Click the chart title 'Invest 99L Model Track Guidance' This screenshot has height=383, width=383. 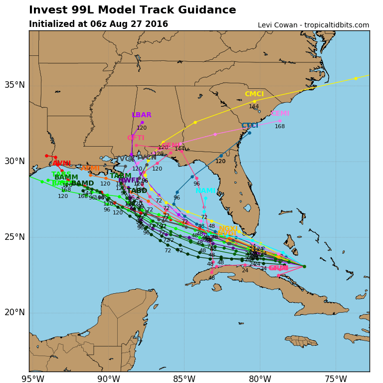pos(132,10)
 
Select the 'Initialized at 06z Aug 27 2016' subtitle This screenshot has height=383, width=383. pos(98,24)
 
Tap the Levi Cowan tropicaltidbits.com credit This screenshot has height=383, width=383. pos(313,25)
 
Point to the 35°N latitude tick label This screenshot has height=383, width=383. pos(14,85)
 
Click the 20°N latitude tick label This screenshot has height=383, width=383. pos(14,312)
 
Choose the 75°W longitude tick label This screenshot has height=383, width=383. pos(336,379)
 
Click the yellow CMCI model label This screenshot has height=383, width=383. pos(254,94)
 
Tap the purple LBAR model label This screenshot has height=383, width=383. pos(142,115)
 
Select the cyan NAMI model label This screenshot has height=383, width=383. pos(205,191)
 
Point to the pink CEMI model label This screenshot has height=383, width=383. pos(280,113)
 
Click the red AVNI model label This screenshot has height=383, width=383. pos(62,163)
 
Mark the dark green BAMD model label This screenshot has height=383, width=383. pos(82,183)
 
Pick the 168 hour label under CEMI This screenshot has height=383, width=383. pos(280,126)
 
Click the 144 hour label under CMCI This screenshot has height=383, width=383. pos(254,106)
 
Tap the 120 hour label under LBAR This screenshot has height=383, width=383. pos(142,128)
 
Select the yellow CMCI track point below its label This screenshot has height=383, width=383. pos(254,101)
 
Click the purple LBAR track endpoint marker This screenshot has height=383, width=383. pos(142,122)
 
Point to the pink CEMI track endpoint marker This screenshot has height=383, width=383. pos(280,120)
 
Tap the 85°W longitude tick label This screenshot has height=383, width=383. pos(184,379)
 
